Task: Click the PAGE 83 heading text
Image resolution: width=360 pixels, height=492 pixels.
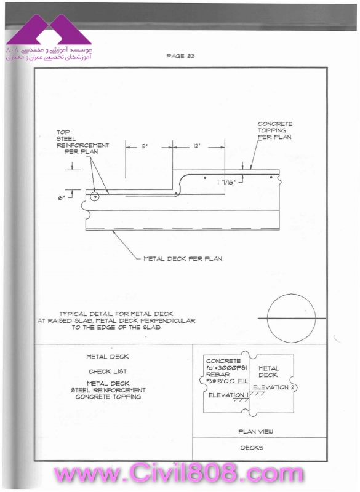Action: pos(180,56)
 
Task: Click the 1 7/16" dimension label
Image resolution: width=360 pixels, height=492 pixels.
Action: pos(226,183)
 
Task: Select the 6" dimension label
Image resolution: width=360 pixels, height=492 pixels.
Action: pos(61,198)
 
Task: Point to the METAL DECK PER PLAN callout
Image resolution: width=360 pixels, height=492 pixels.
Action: pos(183,259)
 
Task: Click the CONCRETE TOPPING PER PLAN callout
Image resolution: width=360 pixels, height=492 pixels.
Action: pos(274,130)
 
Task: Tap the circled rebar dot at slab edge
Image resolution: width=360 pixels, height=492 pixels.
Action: pos(95,197)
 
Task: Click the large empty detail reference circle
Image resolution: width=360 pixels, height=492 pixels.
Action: pos(291,318)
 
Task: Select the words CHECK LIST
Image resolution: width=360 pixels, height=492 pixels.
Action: pos(108,371)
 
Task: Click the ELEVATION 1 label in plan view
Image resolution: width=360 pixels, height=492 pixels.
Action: pos(228,395)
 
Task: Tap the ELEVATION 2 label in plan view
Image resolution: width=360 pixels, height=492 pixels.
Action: pos(273,387)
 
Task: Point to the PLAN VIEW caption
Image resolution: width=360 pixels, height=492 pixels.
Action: pos(255,432)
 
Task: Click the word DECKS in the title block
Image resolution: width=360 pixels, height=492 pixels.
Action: pos(252,448)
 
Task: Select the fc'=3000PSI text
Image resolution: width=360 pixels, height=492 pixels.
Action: pos(226,368)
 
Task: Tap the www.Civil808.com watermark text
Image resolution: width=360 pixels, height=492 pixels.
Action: pos(178,474)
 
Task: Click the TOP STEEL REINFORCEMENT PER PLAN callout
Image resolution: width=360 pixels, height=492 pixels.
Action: pos(82,142)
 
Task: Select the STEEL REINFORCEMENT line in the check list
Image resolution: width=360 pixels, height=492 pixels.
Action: pos(108,390)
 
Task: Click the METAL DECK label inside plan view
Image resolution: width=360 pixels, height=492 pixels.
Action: pos(269,371)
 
